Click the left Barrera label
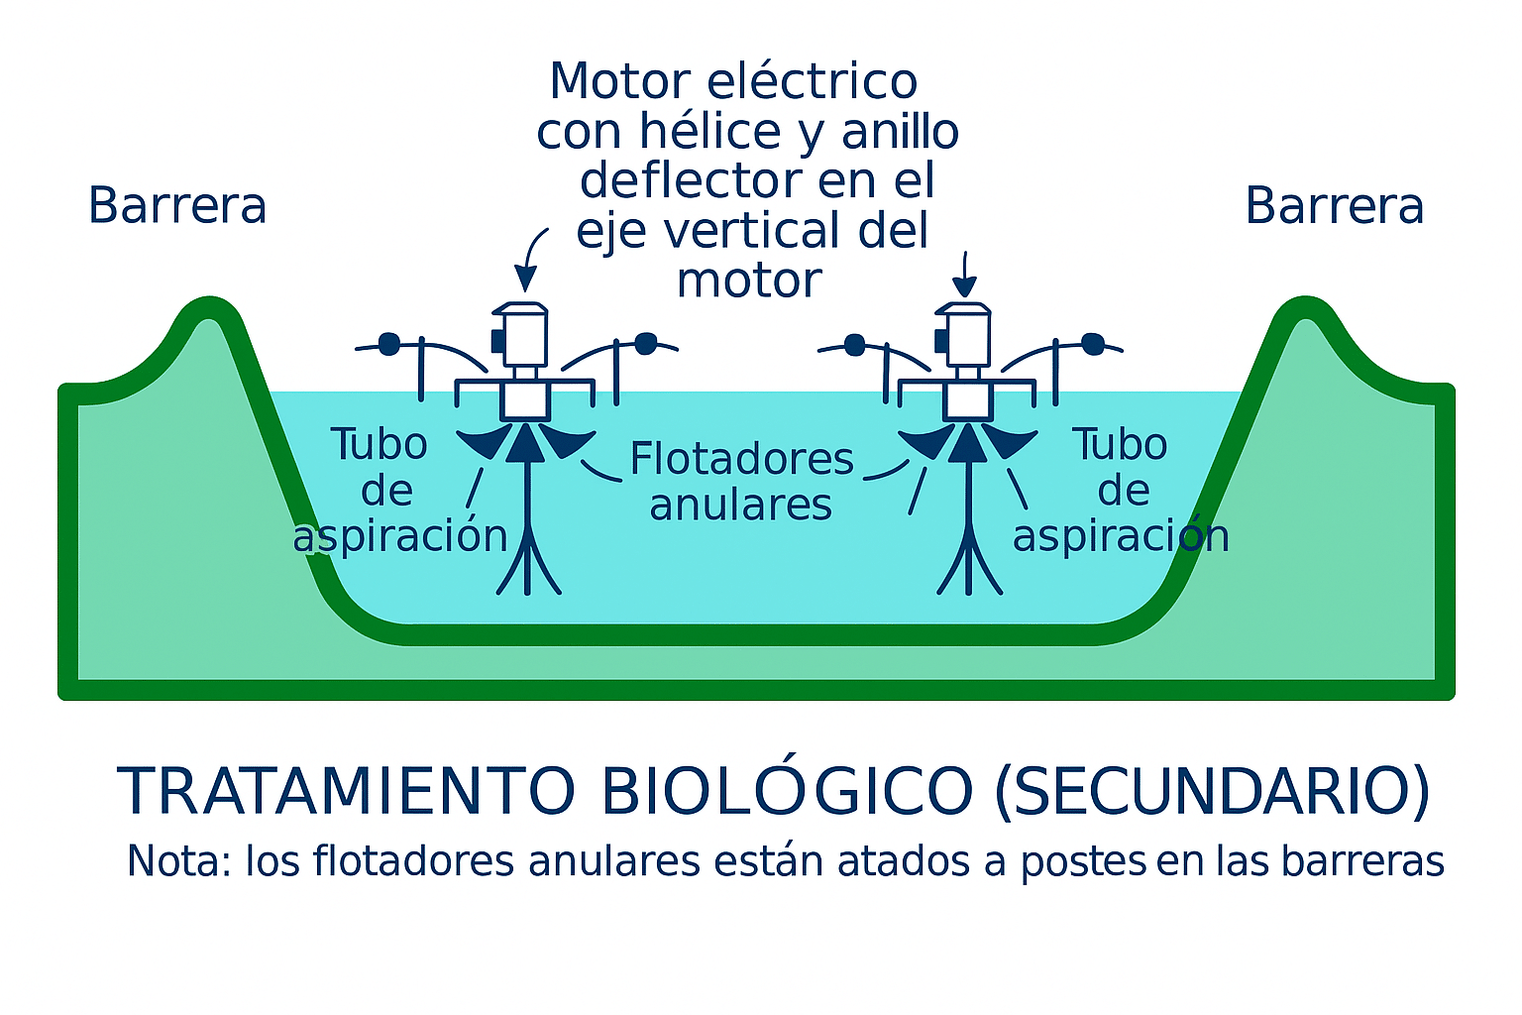click(177, 206)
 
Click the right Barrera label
click(1334, 206)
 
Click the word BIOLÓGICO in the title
click(788, 791)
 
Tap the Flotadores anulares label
click(741, 482)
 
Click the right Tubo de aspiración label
click(1121, 490)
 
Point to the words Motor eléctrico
click(733, 81)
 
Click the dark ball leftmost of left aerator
click(389, 344)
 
